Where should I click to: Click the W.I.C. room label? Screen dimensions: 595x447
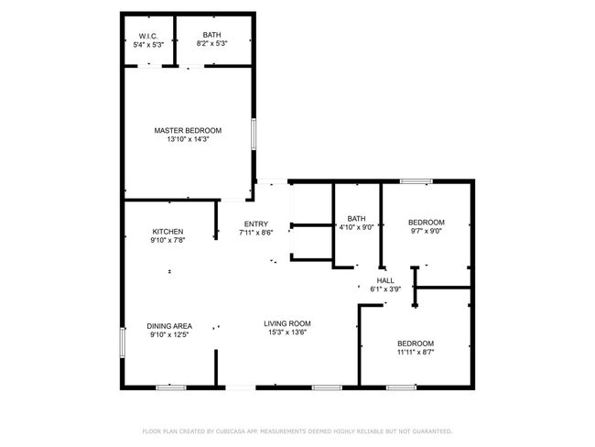click(148, 36)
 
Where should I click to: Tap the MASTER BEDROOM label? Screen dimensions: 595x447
click(188, 131)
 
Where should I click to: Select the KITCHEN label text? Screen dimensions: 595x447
click(168, 232)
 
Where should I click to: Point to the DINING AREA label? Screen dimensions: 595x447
click(169, 326)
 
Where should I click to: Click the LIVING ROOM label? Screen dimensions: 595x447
click(287, 323)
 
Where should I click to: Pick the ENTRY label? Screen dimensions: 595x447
click(256, 224)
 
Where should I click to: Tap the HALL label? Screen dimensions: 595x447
click(385, 280)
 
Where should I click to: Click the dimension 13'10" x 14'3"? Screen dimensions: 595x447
click(189, 139)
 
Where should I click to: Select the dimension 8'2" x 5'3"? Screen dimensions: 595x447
click(211, 43)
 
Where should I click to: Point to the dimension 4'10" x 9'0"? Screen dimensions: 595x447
click(356, 227)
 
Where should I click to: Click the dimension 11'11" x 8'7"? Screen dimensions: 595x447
click(416, 352)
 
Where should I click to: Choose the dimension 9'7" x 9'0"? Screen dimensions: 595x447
click(427, 231)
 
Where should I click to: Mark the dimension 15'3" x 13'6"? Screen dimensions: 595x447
click(287, 333)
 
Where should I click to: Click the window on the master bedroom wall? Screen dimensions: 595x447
click(254, 134)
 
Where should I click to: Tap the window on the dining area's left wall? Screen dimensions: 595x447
click(122, 343)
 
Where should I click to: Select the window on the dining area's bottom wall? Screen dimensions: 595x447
click(171, 387)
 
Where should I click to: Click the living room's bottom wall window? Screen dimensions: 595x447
click(327, 387)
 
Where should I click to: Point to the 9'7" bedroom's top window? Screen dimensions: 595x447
click(416, 181)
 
